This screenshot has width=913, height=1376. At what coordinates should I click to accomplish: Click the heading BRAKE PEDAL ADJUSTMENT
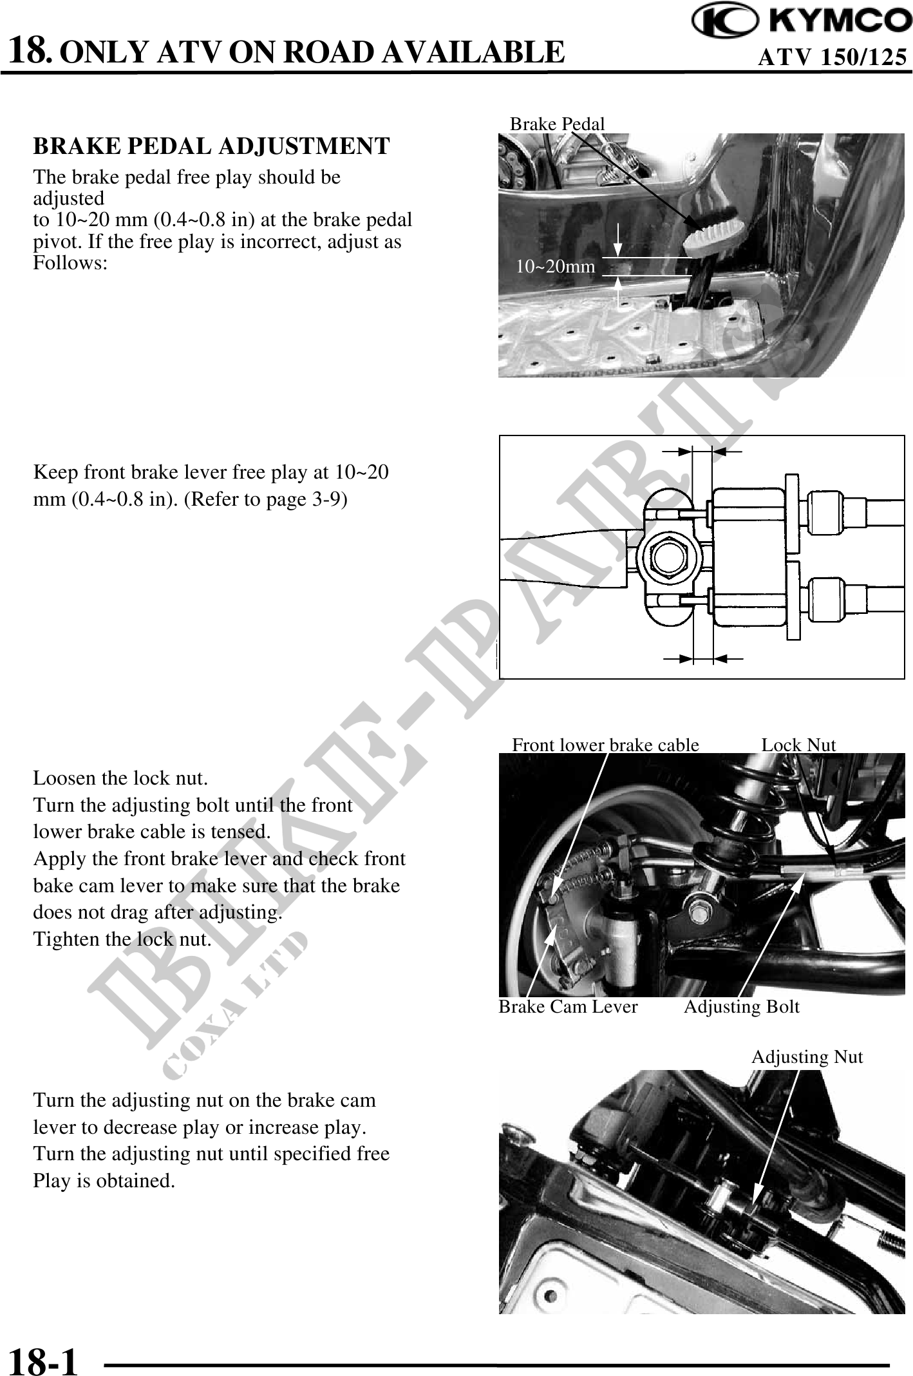click(211, 146)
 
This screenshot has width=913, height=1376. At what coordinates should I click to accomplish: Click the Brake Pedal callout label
click(557, 124)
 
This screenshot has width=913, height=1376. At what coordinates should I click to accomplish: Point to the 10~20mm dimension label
click(556, 266)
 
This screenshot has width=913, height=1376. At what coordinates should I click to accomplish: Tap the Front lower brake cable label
click(605, 745)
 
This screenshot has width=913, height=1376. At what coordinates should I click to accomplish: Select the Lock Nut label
click(798, 745)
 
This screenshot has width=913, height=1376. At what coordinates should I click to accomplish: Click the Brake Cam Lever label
click(568, 1007)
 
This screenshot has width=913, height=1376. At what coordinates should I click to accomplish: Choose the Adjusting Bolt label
click(741, 1007)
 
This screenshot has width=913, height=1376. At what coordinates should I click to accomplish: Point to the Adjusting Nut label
click(807, 1057)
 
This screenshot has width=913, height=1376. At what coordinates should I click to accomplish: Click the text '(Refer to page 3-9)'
click(265, 500)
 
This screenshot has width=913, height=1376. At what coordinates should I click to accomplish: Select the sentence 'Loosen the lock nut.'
click(120, 778)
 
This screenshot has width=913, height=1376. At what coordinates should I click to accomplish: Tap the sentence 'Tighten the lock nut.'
click(122, 939)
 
